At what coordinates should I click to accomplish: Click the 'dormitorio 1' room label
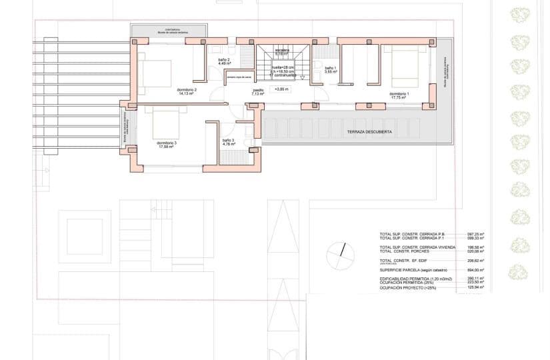coord(399,94)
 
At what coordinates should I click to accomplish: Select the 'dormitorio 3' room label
coord(166,143)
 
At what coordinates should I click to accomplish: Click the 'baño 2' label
coord(224,60)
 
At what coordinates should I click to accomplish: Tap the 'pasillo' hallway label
coord(257,90)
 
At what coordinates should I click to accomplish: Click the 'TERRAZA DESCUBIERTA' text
coord(369,133)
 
